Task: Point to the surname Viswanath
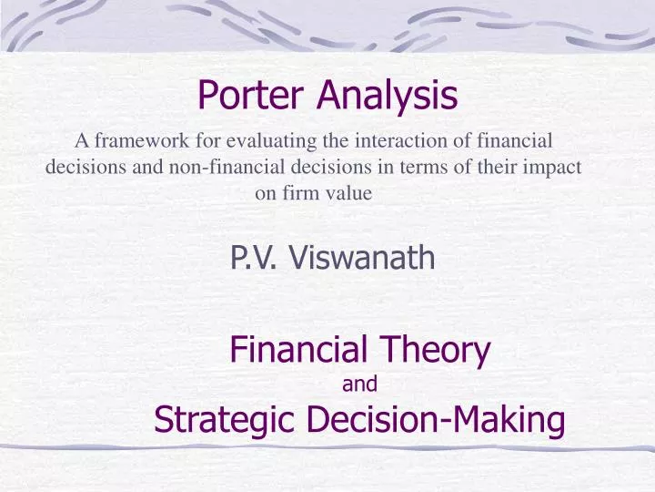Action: coord(362,260)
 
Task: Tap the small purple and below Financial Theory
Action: coord(359,384)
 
